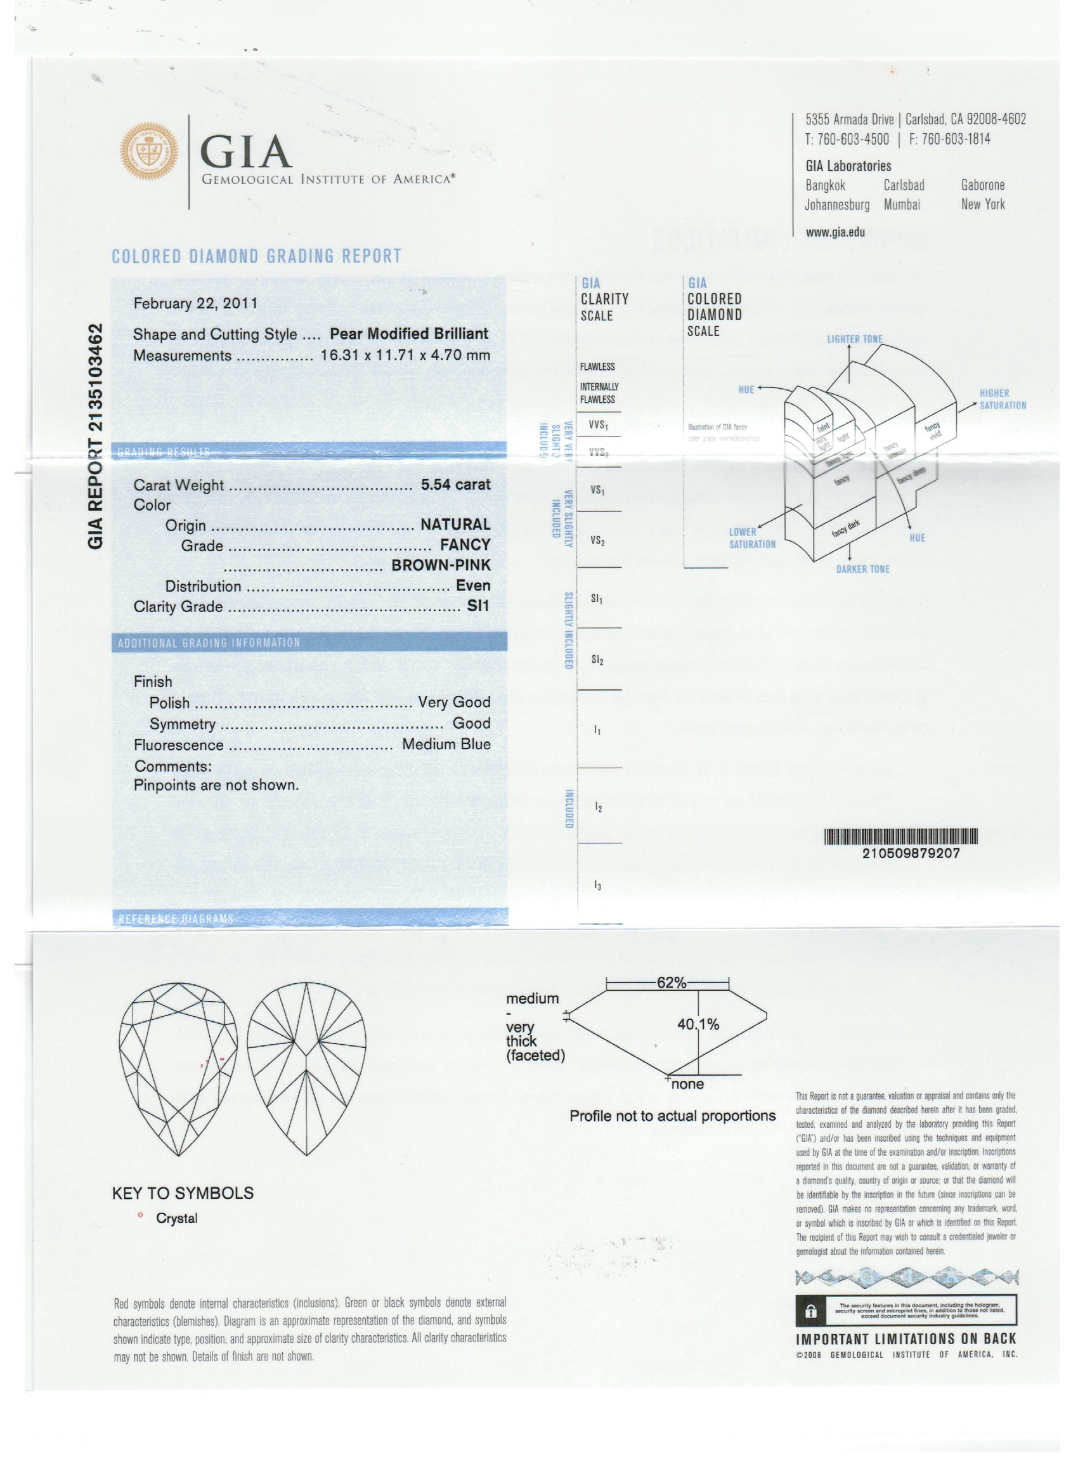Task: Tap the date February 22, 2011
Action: pyautogui.click(x=195, y=303)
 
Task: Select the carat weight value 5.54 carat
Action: pyautogui.click(x=455, y=485)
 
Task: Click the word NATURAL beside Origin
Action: pyautogui.click(x=455, y=525)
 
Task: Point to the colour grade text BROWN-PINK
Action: pyautogui.click(x=441, y=565)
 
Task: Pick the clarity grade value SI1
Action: pyautogui.click(x=478, y=606)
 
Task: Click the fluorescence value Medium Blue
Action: pyautogui.click(x=446, y=744)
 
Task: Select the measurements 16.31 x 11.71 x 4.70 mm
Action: pyautogui.click(x=405, y=356)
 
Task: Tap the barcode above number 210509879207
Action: pyautogui.click(x=901, y=836)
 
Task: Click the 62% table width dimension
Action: pyautogui.click(x=672, y=983)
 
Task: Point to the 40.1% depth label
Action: pyautogui.click(x=698, y=1024)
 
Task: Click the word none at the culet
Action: pyautogui.click(x=688, y=1084)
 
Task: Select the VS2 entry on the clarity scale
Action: pyautogui.click(x=597, y=541)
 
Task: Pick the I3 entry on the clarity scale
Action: pyautogui.click(x=597, y=885)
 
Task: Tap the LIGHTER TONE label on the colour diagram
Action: pyautogui.click(x=854, y=339)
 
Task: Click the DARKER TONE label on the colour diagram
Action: pyautogui.click(x=862, y=570)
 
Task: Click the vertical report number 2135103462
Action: pyautogui.click(x=96, y=436)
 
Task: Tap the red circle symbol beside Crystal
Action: pyautogui.click(x=140, y=1215)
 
